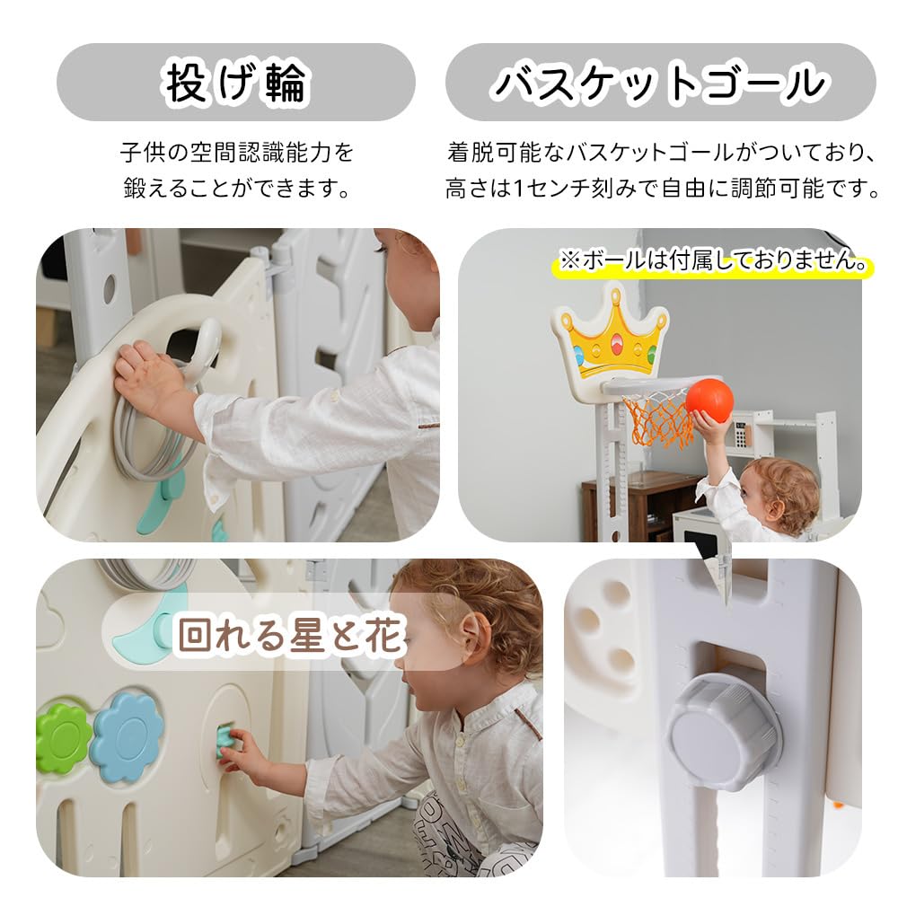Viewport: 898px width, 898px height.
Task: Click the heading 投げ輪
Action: (x=236, y=83)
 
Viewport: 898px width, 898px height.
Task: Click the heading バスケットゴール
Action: (x=660, y=83)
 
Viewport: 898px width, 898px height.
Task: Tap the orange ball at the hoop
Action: (x=709, y=401)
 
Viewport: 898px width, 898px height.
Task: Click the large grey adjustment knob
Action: (x=723, y=731)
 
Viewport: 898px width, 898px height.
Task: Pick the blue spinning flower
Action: (x=127, y=735)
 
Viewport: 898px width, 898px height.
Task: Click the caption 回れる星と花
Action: (x=290, y=635)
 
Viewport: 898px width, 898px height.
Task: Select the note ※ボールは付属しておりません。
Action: (x=714, y=262)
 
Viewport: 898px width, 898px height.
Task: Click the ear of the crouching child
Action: (x=477, y=638)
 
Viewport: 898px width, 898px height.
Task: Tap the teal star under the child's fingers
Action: (x=225, y=742)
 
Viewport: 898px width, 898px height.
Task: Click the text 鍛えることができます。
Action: (x=236, y=189)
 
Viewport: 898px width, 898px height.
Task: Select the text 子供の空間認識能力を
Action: (x=236, y=152)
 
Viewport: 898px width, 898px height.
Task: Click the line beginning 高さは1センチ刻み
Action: (x=662, y=189)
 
